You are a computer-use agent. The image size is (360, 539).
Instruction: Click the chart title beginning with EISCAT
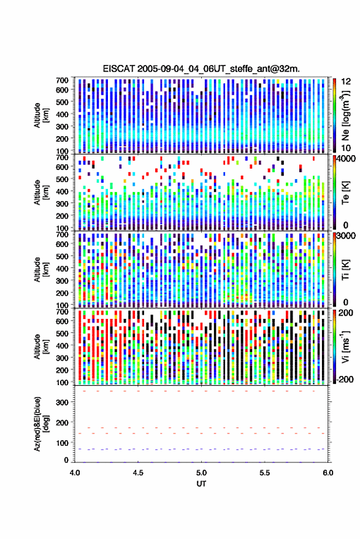point(201,69)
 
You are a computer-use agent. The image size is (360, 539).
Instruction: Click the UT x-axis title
point(201,484)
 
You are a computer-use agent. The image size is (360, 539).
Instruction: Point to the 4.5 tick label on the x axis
point(138,473)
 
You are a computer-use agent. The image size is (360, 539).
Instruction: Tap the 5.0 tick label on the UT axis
point(202,473)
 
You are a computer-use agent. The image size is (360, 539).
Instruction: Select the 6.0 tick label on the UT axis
point(327,473)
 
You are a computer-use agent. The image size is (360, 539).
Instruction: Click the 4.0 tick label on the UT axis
point(75,473)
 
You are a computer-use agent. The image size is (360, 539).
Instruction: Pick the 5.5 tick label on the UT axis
point(265,473)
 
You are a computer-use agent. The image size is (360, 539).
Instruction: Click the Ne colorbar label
point(345,115)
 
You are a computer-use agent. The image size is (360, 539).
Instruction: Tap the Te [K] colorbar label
point(345,193)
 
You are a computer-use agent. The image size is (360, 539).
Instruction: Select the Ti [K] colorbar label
point(345,270)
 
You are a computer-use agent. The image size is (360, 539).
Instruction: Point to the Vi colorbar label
point(345,346)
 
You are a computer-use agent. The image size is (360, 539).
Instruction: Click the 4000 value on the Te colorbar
point(345,159)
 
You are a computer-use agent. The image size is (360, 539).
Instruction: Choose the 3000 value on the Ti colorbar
point(345,236)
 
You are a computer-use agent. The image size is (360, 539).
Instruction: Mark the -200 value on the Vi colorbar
point(344,379)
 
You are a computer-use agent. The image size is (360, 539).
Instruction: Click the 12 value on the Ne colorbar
point(346,82)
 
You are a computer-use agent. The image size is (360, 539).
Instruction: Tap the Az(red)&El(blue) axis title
point(39,424)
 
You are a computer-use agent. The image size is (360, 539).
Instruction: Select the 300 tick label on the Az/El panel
point(62,402)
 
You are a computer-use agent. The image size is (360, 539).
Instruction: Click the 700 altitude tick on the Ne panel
point(62,80)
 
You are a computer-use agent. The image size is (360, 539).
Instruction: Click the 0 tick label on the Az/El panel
point(66,460)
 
